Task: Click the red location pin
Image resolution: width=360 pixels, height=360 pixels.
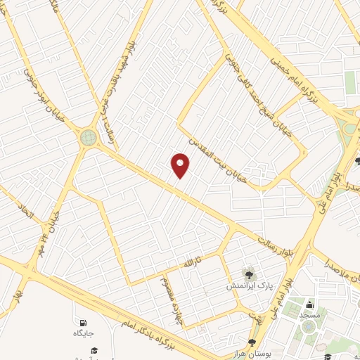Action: point(181,165)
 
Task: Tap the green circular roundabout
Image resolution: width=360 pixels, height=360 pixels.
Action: point(88,137)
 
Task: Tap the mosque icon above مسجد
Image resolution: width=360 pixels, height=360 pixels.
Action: point(309,304)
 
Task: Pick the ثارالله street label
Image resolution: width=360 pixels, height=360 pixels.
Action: point(193,261)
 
